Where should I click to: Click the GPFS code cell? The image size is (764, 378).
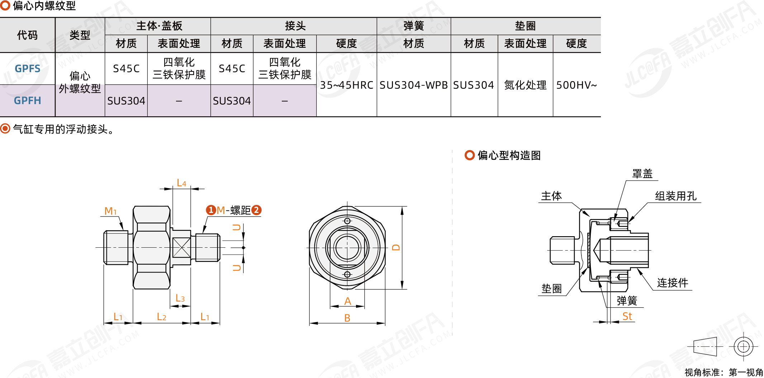click(28, 69)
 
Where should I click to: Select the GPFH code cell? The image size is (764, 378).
click(28, 101)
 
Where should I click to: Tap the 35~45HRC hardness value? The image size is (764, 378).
click(346, 85)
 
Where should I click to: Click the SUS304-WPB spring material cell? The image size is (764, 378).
click(414, 85)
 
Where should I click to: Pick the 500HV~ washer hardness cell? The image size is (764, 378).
click(576, 85)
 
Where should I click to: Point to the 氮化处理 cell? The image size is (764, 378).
click(525, 85)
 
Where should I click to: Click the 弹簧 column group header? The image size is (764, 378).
click(414, 26)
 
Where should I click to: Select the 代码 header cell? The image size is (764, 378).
click(27, 35)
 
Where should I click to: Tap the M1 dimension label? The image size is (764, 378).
click(110, 211)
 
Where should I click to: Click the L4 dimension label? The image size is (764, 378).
click(182, 183)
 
